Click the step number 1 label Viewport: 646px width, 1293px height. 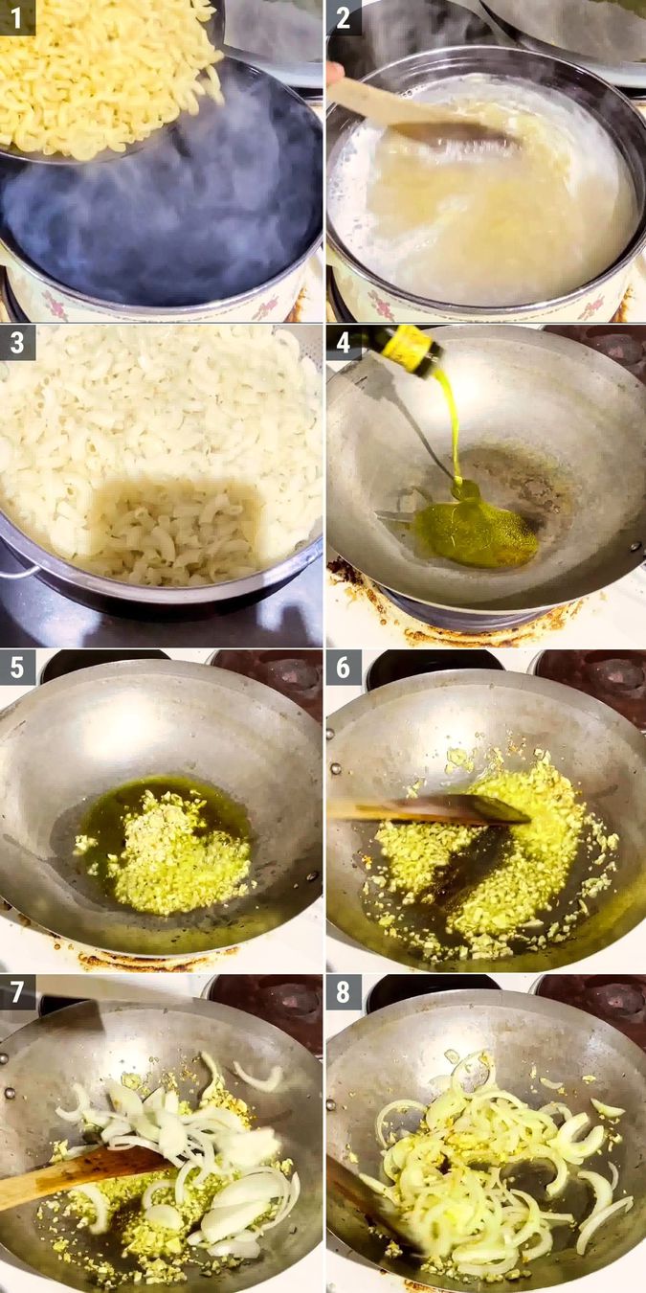pyautogui.click(x=17, y=17)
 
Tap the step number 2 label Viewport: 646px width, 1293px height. pyautogui.click(x=344, y=17)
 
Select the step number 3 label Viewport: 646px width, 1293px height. pyautogui.click(x=17, y=342)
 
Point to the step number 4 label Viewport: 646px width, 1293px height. pyautogui.click(x=344, y=342)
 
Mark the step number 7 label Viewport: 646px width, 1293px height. pyautogui.click(x=17, y=992)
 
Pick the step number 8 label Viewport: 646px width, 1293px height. pyautogui.click(x=344, y=992)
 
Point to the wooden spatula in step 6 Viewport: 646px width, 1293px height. pyautogui.click(x=431, y=809)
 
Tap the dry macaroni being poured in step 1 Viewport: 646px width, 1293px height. pyautogui.click(x=105, y=77)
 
